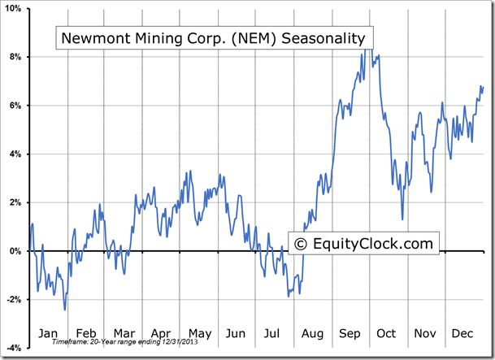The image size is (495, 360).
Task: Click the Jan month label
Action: (x=48, y=333)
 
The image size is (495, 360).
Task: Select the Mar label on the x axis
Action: (x=124, y=333)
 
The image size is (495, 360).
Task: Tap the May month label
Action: (x=199, y=333)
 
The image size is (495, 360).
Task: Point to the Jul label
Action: (x=273, y=333)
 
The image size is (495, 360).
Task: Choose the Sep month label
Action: (x=350, y=333)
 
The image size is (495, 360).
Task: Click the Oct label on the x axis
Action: (x=386, y=333)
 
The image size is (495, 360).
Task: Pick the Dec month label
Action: (x=462, y=333)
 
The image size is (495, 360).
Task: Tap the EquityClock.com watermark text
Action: (x=373, y=243)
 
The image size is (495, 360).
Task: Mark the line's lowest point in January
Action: (x=65, y=310)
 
